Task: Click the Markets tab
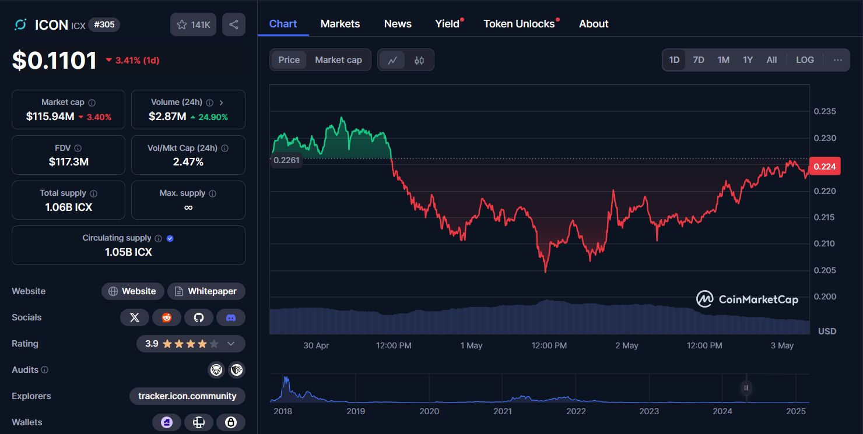click(340, 24)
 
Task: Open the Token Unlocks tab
click(519, 24)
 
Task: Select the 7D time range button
click(698, 60)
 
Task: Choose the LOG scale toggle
click(805, 60)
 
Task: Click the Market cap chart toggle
click(338, 60)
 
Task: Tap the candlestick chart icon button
click(419, 60)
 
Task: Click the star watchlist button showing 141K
click(194, 24)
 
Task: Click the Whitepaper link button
click(206, 291)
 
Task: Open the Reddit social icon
click(167, 317)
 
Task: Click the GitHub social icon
click(199, 317)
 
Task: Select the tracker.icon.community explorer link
click(187, 396)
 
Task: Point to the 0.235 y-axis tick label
click(825, 111)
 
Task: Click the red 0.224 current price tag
click(824, 167)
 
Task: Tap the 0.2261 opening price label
click(286, 160)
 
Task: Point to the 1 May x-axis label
click(471, 345)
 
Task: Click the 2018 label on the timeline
click(283, 411)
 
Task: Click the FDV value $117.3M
click(69, 162)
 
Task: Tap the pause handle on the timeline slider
click(746, 387)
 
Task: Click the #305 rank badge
click(104, 24)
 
